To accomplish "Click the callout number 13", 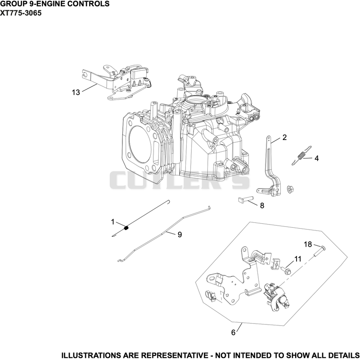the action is [x=76, y=92].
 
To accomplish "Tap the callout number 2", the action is [x=284, y=137].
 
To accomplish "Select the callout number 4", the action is [x=316, y=158].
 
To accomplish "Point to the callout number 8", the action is [x=262, y=205].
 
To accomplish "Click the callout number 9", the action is [x=180, y=235].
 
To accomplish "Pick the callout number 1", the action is [x=112, y=222].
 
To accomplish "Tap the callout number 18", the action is [x=308, y=244].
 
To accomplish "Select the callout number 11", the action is [x=298, y=259].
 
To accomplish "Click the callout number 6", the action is [x=233, y=333].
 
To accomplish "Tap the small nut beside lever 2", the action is [x=290, y=189].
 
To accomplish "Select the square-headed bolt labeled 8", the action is [x=246, y=199].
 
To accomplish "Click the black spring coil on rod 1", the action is [x=126, y=228].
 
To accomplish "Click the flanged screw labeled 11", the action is [x=286, y=270].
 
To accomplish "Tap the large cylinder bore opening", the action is [x=141, y=144].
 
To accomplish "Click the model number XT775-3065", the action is [x=21, y=13].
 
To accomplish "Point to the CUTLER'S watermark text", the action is [x=180, y=180].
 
